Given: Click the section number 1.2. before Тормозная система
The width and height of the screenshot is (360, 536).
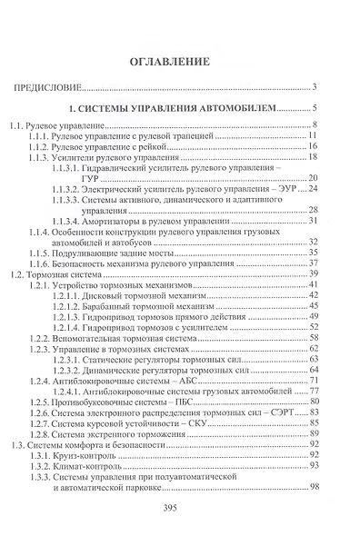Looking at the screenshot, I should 18,273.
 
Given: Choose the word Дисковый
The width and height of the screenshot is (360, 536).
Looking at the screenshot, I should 107,295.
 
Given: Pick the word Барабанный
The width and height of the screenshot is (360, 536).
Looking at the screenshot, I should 115,306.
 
